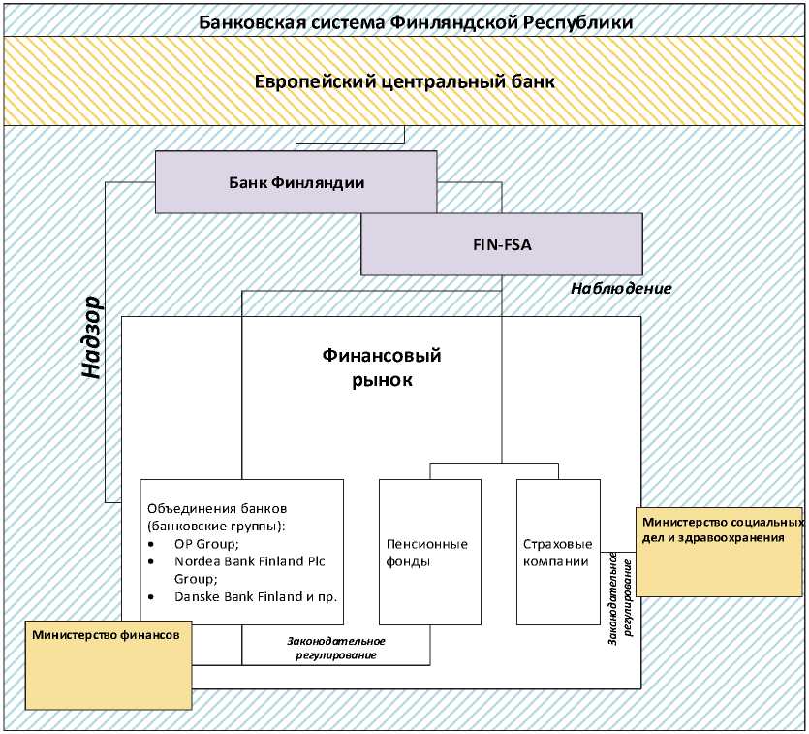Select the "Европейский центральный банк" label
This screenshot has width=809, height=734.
point(405,81)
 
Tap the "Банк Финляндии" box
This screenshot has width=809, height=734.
point(296,181)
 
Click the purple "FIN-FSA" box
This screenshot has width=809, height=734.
point(501,244)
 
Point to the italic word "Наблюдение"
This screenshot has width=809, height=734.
point(621,289)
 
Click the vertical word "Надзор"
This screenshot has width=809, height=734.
point(92,335)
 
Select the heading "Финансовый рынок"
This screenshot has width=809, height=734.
point(381,367)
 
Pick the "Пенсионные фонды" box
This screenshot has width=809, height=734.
point(426,552)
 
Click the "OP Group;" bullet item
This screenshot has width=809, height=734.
point(198,544)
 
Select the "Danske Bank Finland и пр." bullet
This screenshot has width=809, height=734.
point(255,596)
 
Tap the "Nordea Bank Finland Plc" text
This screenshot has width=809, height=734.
point(255,561)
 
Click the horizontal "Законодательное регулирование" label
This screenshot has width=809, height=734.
point(335,648)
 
